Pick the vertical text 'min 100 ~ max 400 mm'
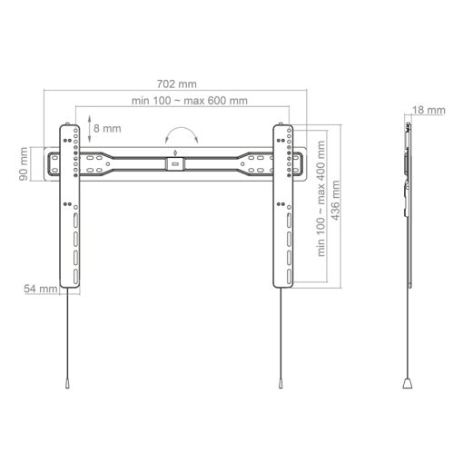[322, 214]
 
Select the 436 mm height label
[337, 208]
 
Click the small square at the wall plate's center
[175, 165]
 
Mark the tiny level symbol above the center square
[175, 153]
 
